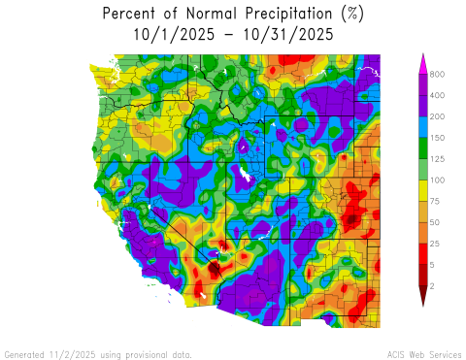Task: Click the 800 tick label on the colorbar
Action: (438, 75)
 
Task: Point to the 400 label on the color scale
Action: (438, 95)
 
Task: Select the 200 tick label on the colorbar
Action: (438, 116)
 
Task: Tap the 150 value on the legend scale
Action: (438, 138)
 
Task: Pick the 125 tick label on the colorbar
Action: (438, 159)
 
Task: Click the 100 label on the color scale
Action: (438, 180)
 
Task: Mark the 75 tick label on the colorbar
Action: (436, 202)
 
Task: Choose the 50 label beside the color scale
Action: (436, 223)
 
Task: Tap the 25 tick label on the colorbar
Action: (436, 244)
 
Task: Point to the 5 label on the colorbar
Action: (433, 265)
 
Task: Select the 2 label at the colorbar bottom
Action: (433, 286)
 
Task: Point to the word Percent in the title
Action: (132, 15)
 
